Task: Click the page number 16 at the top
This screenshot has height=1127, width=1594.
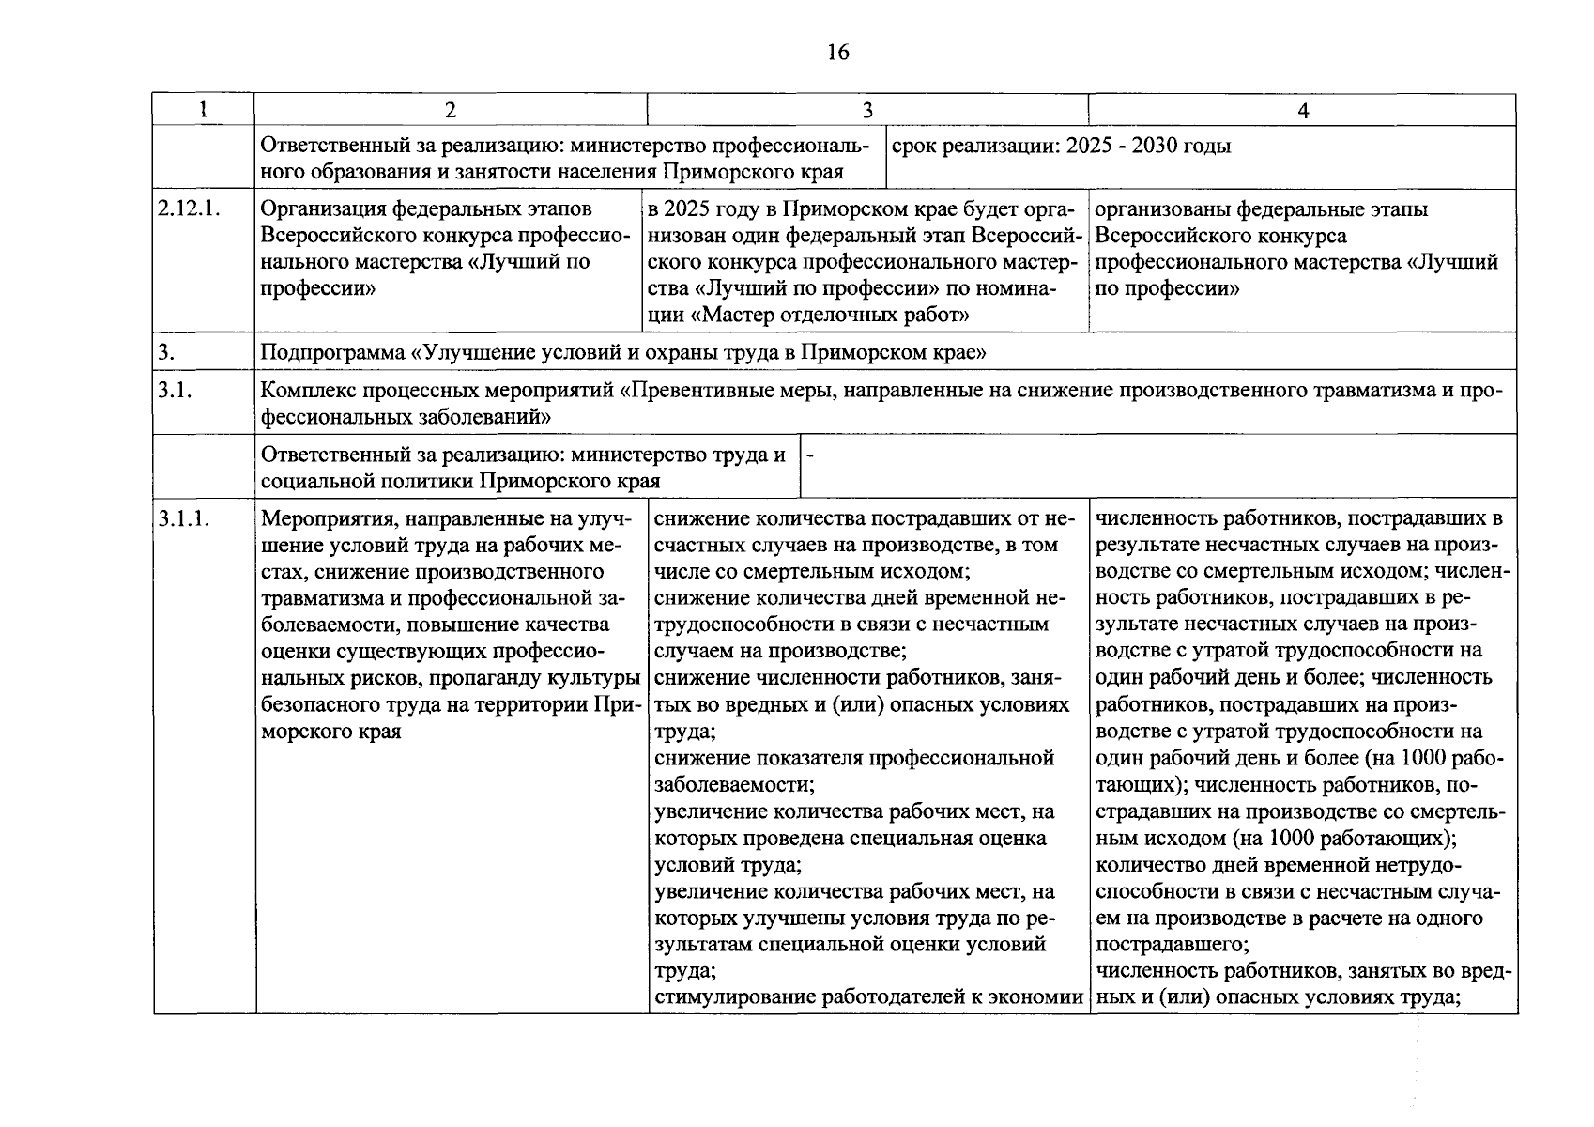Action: pos(838,53)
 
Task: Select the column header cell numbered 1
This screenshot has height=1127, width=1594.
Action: pos(203,111)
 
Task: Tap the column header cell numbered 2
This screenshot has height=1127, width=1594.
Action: pos(451,111)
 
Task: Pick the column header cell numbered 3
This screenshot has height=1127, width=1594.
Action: pos(867,111)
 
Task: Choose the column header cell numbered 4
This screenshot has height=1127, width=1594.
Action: pos(1302,111)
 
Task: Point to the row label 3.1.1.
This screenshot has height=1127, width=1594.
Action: pos(184,518)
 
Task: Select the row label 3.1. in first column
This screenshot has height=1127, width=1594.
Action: pos(175,391)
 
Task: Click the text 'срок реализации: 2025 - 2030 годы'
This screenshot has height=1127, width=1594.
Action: pos(1060,147)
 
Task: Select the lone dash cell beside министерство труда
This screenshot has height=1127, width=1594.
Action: pos(810,455)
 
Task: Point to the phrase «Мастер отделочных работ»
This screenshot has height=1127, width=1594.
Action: pos(830,316)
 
